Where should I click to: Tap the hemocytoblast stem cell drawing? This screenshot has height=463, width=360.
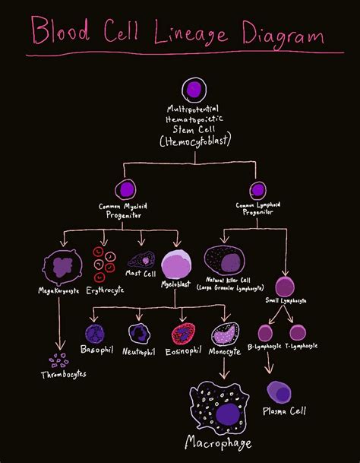194,90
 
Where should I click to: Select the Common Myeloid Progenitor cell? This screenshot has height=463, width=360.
125,189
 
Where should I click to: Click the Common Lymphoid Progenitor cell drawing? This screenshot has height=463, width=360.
258,189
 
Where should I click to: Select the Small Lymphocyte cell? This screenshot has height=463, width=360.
285,287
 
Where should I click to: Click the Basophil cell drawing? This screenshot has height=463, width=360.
95,333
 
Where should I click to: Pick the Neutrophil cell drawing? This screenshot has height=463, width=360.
139,333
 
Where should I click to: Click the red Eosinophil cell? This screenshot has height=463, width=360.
183,333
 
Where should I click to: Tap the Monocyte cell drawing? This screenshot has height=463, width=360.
226,334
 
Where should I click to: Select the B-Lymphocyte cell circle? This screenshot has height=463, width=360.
265,332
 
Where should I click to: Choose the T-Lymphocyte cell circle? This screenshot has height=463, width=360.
298,332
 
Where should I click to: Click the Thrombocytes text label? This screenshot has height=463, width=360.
64,374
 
